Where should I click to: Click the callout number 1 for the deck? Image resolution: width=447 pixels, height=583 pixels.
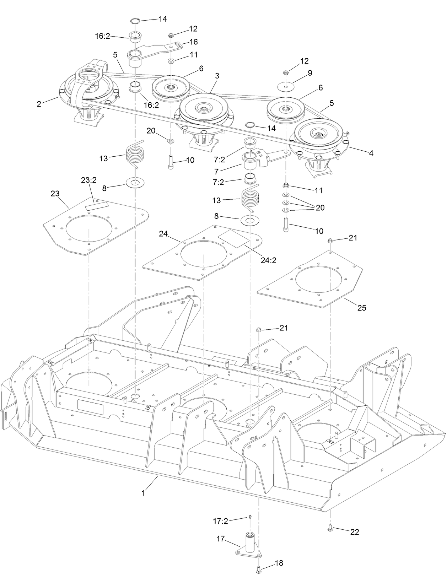(143, 493)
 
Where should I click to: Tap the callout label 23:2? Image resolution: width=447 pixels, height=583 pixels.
(88, 180)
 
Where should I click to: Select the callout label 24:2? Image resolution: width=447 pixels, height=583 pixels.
(268, 260)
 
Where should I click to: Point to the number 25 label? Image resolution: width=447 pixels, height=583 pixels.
(361, 308)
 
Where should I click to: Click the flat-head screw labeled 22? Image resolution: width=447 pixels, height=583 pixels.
(330, 530)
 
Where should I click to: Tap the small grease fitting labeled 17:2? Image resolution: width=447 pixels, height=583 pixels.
(249, 517)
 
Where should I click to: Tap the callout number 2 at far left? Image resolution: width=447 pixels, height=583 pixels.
(39, 104)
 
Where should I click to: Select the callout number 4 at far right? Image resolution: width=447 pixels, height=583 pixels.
(371, 153)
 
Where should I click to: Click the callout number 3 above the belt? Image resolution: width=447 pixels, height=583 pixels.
(217, 76)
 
